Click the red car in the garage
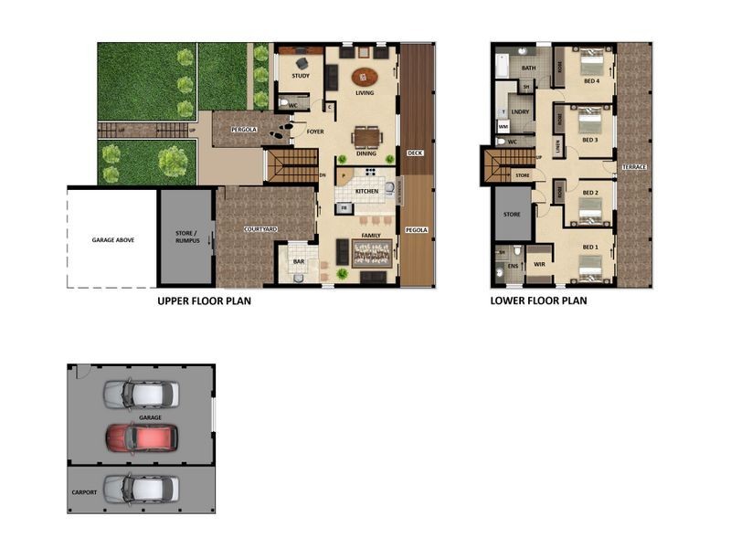click(x=141, y=437)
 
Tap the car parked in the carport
click(x=141, y=489)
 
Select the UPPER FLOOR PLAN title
click(x=204, y=300)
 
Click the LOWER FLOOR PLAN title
click(x=538, y=300)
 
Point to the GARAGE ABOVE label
click(x=113, y=239)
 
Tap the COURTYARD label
click(x=260, y=229)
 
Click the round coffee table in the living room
click(x=364, y=77)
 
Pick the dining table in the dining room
click(x=365, y=137)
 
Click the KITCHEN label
click(x=366, y=191)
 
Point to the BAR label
click(x=298, y=262)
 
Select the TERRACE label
click(x=633, y=167)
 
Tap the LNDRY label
click(x=521, y=112)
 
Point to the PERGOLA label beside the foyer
click(x=243, y=130)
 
